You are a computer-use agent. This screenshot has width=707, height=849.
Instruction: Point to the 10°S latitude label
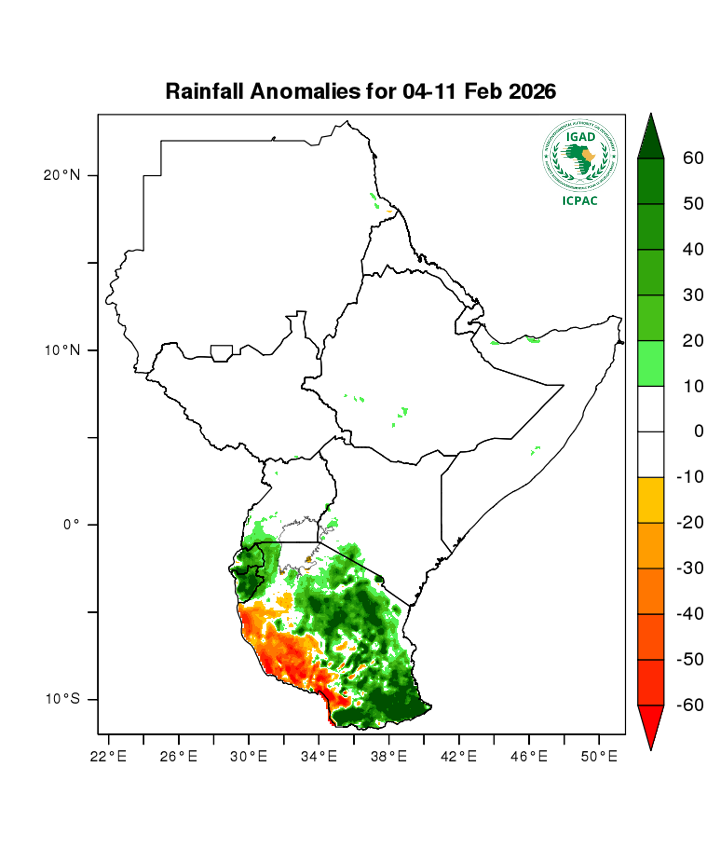(63, 699)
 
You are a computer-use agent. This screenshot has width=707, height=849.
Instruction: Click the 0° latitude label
(71, 525)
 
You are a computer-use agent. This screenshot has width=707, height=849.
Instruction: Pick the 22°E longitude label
(108, 756)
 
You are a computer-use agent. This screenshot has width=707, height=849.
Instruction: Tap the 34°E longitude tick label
(319, 756)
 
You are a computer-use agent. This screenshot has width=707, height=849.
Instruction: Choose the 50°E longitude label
(599, 756)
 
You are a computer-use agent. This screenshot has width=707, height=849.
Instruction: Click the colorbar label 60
(693, 158)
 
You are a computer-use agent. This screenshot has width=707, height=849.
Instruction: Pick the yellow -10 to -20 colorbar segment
(650, 500)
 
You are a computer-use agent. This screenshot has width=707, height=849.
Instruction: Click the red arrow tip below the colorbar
(650, 728)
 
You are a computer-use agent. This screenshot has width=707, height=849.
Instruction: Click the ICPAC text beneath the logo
(580, 201)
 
